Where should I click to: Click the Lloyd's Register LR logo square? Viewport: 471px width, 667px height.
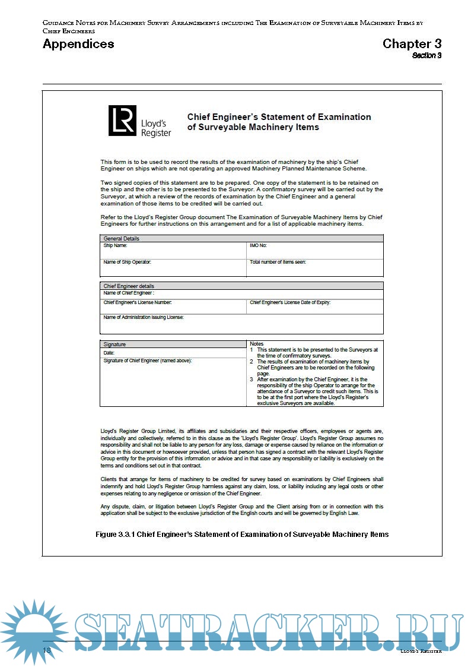tap(122, 121)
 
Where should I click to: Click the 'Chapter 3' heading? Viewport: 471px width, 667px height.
tap(412, 43)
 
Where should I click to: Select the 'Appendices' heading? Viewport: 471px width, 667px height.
tap(78, 44)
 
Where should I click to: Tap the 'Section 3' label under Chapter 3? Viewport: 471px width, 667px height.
tap(427, 55)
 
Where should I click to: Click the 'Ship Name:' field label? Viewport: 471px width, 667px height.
tap(115, 245)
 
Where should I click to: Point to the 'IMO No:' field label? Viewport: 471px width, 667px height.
tap(258, 245)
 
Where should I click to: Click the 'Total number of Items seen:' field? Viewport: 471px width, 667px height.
tap(278, 262)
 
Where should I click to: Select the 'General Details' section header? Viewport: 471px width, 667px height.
tap(122, 239)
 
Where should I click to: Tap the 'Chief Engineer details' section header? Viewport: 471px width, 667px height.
tap(129, 286)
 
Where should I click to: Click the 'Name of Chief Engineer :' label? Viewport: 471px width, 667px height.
tap(129, 293)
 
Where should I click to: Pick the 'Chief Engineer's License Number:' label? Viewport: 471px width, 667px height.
tap(138, 302)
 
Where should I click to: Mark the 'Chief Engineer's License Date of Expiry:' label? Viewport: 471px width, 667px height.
tap(290, 302)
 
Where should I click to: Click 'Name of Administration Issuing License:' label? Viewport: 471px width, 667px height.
tap(144, 317)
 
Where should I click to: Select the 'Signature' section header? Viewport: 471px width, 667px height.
tap(114, 344)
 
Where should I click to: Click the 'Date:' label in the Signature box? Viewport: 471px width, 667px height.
tap(109, 353)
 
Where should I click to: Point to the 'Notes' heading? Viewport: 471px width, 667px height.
tap(256, 344)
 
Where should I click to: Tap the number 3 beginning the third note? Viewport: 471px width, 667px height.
tap(252, 379)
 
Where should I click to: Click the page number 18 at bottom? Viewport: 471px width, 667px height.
tap(47, 650)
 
